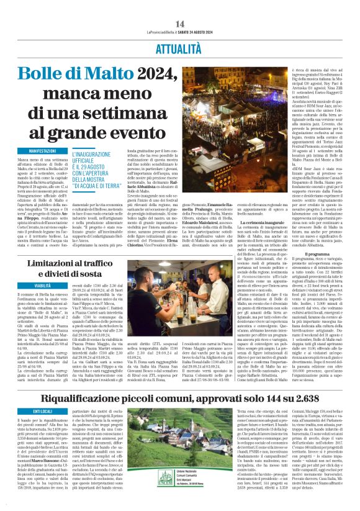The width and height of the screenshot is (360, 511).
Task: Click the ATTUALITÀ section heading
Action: pos(180,46)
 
